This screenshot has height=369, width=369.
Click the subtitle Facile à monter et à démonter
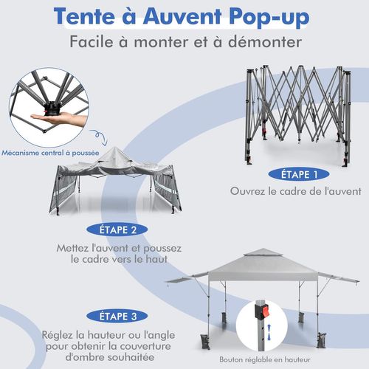pyautogui.click(x=184, y=41)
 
